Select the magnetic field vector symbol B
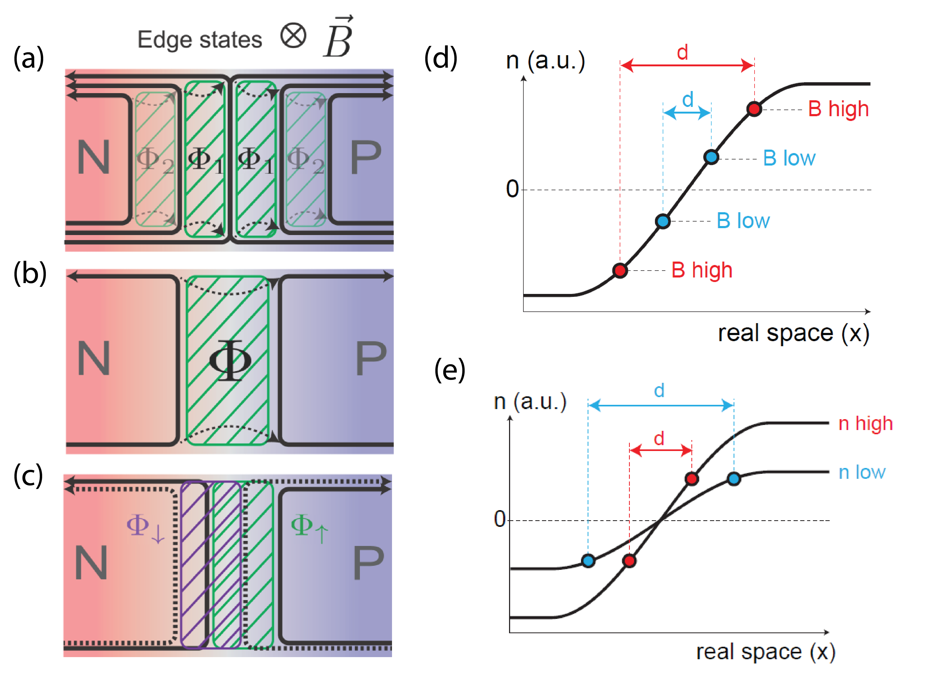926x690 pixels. tap(338, 38)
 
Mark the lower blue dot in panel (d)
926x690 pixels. tap(663, 221)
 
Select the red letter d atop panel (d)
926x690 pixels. tap(682, 53)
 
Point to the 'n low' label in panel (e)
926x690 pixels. tap(862, 472)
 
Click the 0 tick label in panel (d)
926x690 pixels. tap(512, 189)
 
